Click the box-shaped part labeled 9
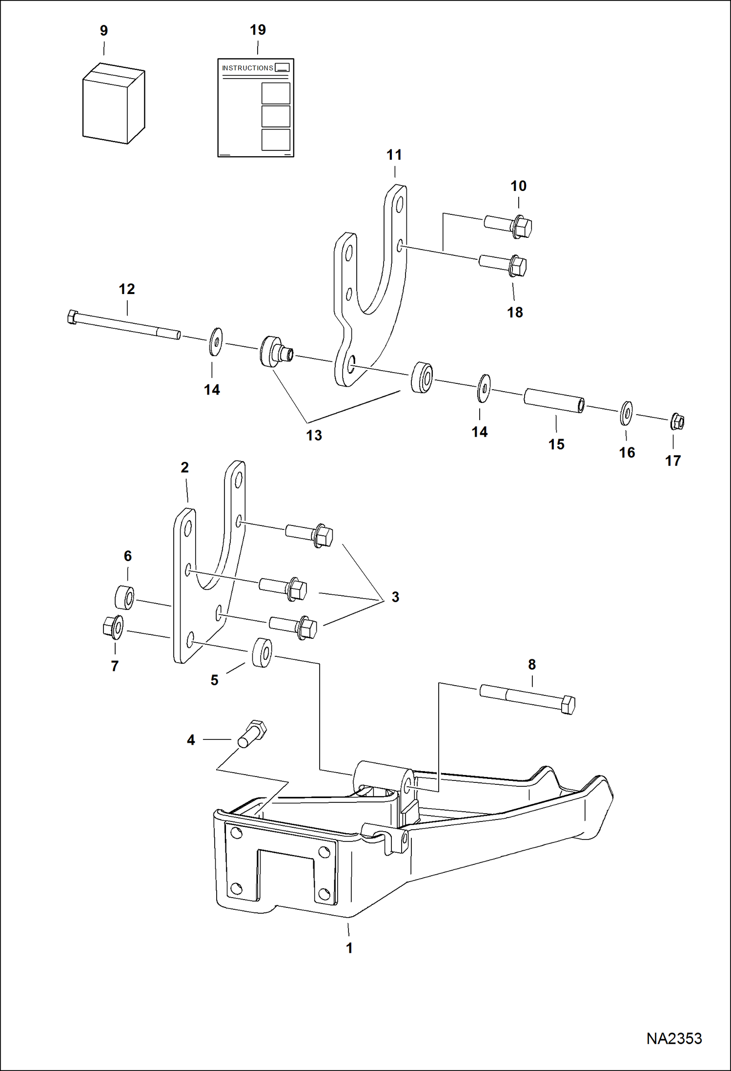[x=113, y=104]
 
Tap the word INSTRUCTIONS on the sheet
[x=247, y=68]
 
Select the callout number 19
[x=258, y=30]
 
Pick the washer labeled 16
[x=627, y=413]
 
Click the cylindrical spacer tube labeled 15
[x=554, y=400]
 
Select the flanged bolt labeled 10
[x=509, y=226]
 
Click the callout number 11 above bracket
[x=394, y=155]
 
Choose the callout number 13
[x=314, y=435]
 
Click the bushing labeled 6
[x=125, y=597]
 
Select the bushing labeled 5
[x=262, y=652]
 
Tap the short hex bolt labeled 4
[x=251, y=734]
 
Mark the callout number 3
[x=395, y=597]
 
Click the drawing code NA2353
[x=674, y=1038]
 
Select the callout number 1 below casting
[x=349, y=948]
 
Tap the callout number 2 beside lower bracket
[x=184, y=468]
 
